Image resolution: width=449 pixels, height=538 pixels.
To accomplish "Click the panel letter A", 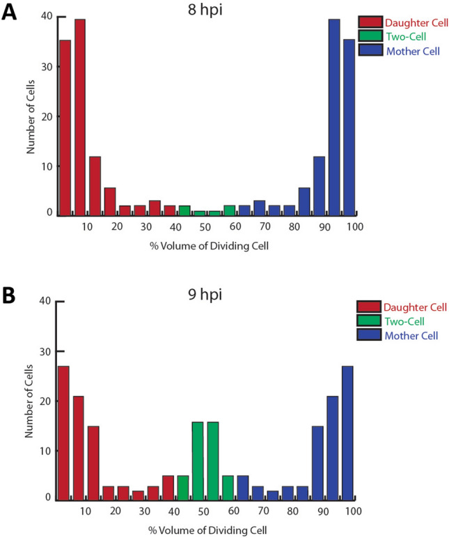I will [10, 14].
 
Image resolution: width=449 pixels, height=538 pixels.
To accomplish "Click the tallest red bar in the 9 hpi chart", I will [63, 433].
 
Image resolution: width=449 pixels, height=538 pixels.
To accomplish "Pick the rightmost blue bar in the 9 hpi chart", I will [349, 433].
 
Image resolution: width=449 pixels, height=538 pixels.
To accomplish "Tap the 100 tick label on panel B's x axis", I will [353, 512].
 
